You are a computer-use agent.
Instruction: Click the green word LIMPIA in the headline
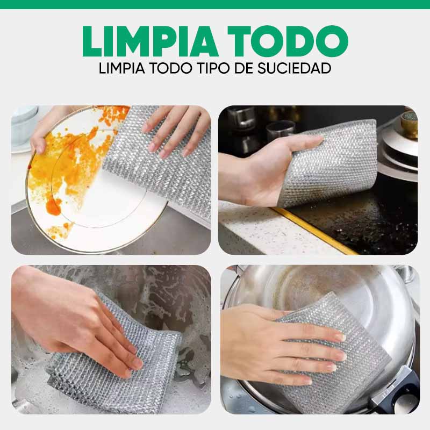144,41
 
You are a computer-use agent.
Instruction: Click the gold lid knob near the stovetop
410,123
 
